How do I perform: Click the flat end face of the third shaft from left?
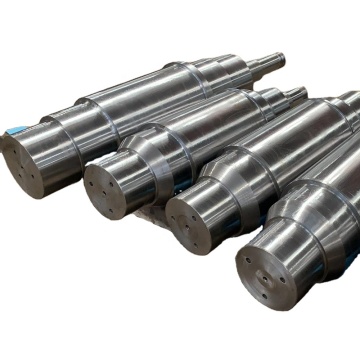point(194,222)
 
